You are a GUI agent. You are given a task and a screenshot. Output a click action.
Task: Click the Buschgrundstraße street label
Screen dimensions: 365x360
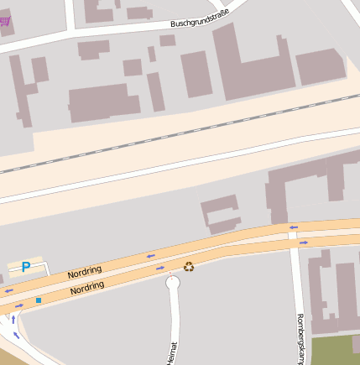[x=200, y=18]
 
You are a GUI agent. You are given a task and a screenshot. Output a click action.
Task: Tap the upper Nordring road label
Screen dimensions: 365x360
[x=86, y=271]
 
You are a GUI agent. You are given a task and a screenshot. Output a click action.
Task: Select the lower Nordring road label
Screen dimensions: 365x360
[x=87, y=288]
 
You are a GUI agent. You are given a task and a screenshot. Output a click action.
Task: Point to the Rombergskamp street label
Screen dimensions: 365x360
[x=300, y=338]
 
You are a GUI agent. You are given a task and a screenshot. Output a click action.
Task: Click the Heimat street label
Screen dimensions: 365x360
[x=174, y=352]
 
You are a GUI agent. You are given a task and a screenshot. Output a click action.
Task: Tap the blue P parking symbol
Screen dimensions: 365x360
[x=26, y=267]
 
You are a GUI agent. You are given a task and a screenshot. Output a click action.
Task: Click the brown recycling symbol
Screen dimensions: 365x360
[x=189, y=267]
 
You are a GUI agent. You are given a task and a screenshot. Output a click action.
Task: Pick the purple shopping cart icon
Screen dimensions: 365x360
[x=7, y=20]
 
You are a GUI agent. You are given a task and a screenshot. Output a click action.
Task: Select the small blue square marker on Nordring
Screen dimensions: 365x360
[x=38, y=300]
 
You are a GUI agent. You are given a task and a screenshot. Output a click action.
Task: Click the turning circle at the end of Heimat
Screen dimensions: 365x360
[x=173, y=284]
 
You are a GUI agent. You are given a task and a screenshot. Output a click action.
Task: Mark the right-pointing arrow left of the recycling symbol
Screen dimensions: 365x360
[x=159, y=269]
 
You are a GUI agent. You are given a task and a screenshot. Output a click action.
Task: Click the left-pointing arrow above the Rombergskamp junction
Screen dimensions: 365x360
[x=293, y=227]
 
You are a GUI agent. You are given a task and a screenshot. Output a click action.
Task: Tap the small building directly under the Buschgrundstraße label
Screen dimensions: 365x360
[x=167, y=40]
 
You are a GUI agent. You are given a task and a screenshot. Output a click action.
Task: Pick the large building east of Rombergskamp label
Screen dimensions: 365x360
[x=334, y=294]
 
